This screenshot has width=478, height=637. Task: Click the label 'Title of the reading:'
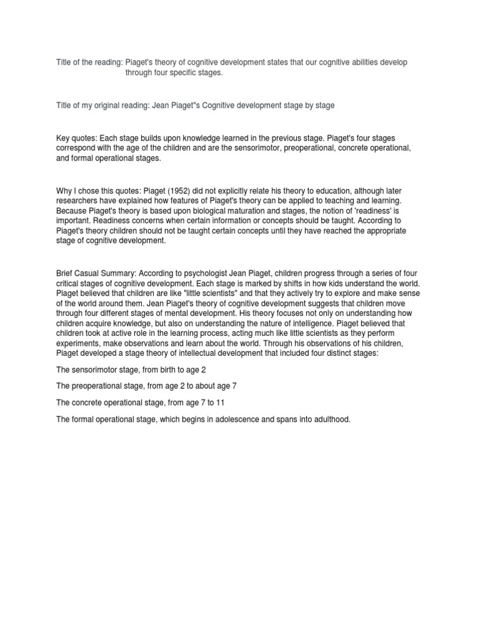89,63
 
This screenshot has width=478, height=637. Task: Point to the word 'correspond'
76,147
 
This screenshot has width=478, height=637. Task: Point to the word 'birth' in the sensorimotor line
178,370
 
